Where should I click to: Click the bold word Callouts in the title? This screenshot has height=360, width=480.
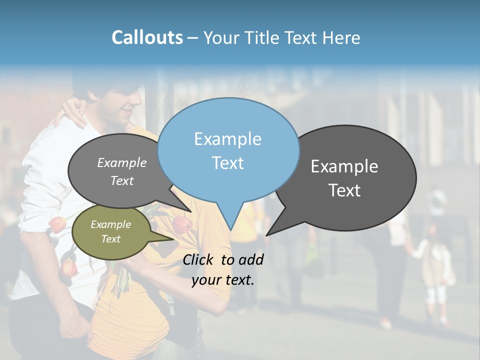click(x=147, y=37)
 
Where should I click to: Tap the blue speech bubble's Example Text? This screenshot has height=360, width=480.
click(x=228, y=151)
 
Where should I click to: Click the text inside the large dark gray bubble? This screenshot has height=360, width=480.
click(x=344, y=178)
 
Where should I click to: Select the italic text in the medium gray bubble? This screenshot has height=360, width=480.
click(x=122, y=171)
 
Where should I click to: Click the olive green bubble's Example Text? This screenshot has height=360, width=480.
click(x=110, y=231)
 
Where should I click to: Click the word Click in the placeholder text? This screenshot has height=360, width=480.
click(x=199, y=259)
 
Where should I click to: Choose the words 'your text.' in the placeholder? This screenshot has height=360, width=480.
click(x=223, y=280)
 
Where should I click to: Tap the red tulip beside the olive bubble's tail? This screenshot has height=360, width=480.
click(x=183, y=224)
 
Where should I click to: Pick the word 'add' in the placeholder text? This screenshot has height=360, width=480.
click(x=251, y=259)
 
